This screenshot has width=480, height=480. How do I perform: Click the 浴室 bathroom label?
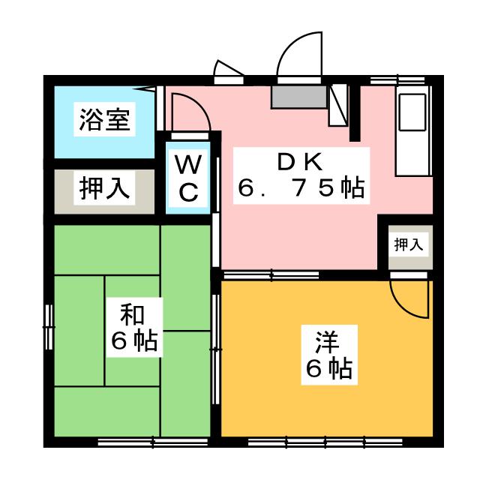point(105,119)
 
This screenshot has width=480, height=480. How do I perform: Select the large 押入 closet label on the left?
point(105,188)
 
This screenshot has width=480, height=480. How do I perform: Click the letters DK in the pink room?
point(299,161)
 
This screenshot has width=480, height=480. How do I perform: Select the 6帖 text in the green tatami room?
point(133,341)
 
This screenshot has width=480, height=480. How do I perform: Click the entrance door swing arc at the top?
point(298,54)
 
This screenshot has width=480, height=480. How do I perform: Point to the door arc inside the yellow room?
point(409,300)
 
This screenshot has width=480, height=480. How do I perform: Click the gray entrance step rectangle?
point(298,96)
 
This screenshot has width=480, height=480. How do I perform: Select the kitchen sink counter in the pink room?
point(411,131)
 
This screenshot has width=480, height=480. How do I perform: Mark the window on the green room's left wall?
point(49,326)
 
